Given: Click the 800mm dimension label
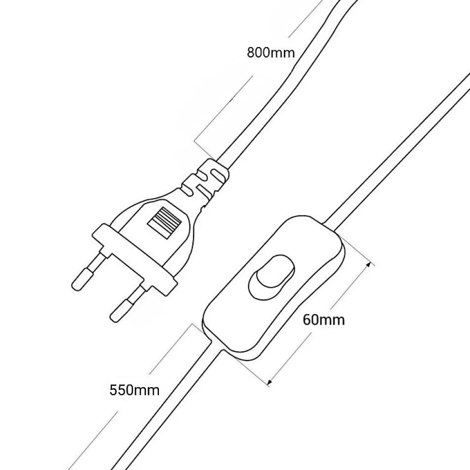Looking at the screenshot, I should [x=270, y=52].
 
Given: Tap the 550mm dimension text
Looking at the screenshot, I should [x=134, y=390].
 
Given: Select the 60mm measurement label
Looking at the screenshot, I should [x=324, y=319].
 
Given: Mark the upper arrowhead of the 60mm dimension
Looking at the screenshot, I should [x=371, y=264].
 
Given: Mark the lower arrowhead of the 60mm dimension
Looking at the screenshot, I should [x=270, y=382].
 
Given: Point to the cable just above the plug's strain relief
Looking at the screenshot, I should [x=237, y=136].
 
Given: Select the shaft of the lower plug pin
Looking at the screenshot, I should [x=136, y=293].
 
